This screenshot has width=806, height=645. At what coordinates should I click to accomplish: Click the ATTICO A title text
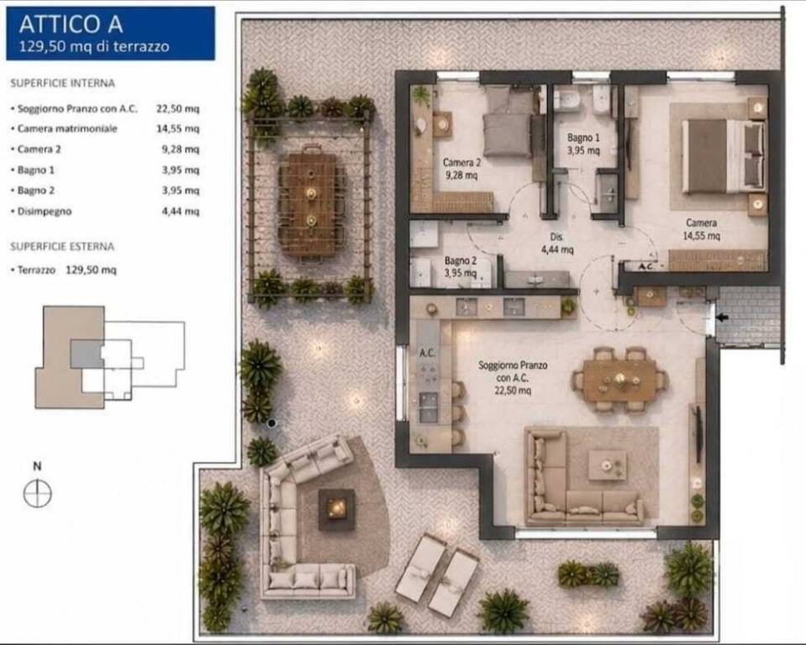[71, 24]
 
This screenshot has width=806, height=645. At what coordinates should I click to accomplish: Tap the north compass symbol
[38, 494]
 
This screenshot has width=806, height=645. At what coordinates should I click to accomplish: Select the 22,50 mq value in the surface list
[178, 109]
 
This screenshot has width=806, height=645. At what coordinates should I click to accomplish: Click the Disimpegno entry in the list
[45, 211]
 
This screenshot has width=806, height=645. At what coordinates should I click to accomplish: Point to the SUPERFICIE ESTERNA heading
[62, 247]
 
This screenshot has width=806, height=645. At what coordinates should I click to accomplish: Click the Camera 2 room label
[461, 169]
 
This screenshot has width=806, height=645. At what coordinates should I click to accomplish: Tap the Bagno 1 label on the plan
[583, 144]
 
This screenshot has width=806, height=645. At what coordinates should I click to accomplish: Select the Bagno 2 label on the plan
[460, 266]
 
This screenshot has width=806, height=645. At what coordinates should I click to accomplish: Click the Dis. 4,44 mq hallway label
[556, 243]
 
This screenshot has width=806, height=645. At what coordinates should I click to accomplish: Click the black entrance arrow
[722, 317]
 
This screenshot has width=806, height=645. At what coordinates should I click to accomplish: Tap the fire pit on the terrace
[337, 510]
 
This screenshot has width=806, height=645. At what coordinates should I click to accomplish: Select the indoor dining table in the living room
[620, 380]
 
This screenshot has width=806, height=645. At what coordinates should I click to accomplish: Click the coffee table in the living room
[608, 465]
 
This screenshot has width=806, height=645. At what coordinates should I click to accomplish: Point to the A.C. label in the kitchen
[427, 353]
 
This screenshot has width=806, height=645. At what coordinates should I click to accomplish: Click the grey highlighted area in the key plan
[87, 354]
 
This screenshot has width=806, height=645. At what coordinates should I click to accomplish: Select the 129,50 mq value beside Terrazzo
[91, 270]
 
